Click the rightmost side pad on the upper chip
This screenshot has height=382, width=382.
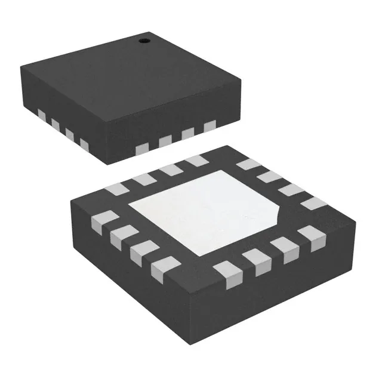[x=209, y=126]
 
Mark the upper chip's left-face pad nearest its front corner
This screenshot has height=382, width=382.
[x=84, y=144]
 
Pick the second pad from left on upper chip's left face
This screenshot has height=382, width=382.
[x=56, y=124]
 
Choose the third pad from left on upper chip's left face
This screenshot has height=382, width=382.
[x=70, y=134]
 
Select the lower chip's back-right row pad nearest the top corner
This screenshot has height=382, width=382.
[x=245, y=165]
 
